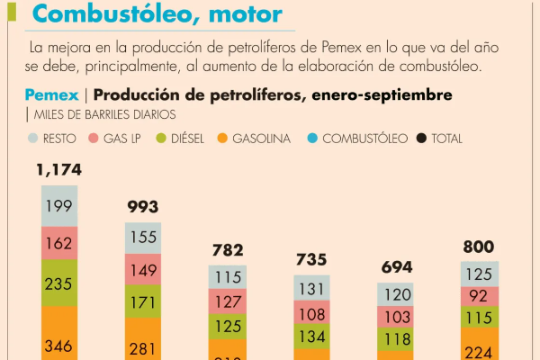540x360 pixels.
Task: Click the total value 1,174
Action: point(58,169)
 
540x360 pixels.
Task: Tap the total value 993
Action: point(142,207)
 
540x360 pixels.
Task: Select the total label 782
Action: point(227,249)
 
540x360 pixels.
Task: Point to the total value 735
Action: point(312,259)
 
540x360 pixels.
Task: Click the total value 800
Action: point(480,247)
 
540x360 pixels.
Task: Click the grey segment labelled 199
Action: point(58,207)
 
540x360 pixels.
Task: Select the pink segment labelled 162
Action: point(58,242)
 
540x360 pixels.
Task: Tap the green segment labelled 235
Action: point(58,282)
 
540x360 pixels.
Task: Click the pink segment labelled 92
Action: point(480,296)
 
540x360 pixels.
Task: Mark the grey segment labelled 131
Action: point(312,289)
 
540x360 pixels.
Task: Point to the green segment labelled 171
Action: point(142,301)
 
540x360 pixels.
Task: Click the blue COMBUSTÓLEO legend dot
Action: point(311,139)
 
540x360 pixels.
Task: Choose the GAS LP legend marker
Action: point(94,139)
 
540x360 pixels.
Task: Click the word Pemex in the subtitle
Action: point(52,95)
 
